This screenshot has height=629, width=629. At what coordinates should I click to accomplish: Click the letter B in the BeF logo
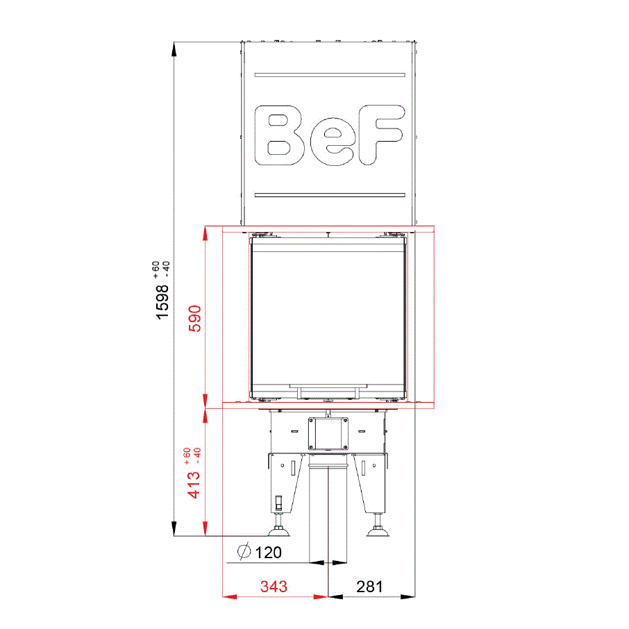285,135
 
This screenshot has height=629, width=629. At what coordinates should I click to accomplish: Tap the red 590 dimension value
195,318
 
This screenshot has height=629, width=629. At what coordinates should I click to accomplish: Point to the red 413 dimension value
194,484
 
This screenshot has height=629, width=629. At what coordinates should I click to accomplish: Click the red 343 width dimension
274,587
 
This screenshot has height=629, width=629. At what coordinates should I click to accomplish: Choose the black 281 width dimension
369,587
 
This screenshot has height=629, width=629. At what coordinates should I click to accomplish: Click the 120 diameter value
269,553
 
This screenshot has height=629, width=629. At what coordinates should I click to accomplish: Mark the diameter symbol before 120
244,553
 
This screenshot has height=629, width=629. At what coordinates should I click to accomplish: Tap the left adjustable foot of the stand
280,530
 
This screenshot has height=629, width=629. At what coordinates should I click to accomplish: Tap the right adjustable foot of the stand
378,530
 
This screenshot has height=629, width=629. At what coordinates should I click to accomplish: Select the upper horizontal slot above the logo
330,74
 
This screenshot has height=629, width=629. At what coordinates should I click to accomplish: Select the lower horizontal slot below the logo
330,195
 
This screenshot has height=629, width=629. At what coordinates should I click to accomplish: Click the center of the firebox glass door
328,312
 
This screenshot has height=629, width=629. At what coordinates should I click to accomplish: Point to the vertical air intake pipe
328,514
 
